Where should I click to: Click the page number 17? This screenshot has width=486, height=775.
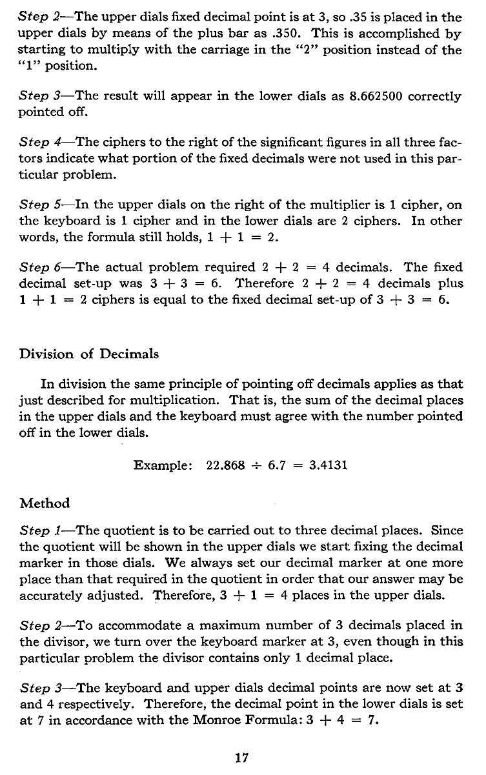tap(243, 758)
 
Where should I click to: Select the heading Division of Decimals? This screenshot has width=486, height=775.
tap(89, 354)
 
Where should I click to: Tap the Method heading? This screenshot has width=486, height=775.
tap(45, 502)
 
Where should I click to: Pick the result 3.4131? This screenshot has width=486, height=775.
tap(327, 465)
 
